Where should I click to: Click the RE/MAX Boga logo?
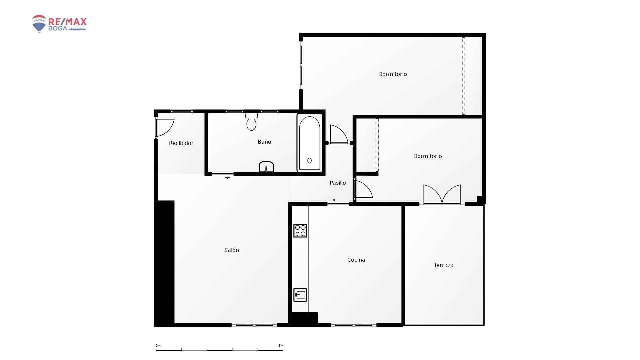coord(59,24)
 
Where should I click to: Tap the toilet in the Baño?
coord(251,122)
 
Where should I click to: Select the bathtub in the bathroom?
coord(310,143)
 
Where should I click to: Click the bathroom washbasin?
coord(266,167)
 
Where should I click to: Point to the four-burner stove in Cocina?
coord(300,231)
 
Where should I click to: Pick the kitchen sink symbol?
coord(300,295)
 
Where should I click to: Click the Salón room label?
coord(232,250)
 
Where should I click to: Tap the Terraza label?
coord(444,265)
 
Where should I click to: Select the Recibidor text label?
coord(181,143)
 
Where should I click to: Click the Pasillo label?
coord(338,183)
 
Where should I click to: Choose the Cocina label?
coord(356,260)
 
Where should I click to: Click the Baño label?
coord(264,142)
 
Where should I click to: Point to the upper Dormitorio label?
coord(392,74)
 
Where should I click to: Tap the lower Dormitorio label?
coord(427,156)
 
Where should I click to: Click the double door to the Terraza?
coord(442,194)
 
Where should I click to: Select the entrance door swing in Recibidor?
coord(165,128)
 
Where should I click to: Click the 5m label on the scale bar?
coord(281,346)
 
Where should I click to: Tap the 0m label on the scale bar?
coord(158,346)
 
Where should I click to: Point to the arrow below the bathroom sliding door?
coord(228,178)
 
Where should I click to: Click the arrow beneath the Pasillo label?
coord(333,200)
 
